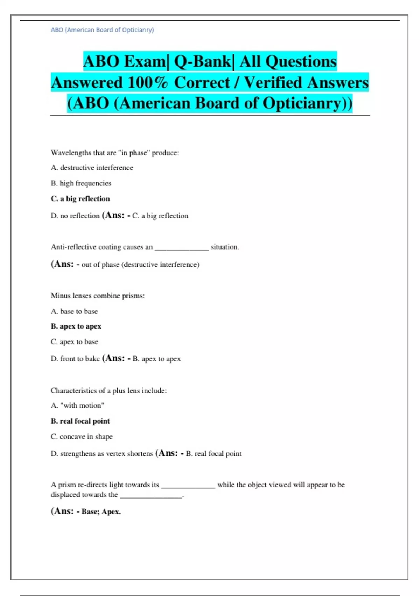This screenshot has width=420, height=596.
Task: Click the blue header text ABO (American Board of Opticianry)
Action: [102, 30]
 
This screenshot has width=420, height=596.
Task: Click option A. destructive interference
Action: [92, 168]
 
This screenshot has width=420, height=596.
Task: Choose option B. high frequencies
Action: [81, 183]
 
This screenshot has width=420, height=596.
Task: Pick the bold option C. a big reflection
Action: [80, 199]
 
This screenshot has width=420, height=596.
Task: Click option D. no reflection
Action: [75, 216]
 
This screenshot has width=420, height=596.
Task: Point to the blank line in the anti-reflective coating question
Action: [182, 248]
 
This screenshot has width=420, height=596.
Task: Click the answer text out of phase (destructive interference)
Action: [140, 265]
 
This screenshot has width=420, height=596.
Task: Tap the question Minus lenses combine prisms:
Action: [98, 296]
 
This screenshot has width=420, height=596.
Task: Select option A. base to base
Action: [74, 311]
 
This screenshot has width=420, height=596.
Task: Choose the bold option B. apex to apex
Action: [76, 326]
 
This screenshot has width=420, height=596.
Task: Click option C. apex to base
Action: [75, 342]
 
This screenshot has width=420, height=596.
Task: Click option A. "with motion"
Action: [77, 406]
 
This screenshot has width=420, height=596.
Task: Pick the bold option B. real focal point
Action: [80, 421]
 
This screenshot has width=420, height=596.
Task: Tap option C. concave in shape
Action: [82, 436]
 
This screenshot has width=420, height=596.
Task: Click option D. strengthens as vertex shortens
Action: [102, 454]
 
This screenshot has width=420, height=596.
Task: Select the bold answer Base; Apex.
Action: [101, 512]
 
